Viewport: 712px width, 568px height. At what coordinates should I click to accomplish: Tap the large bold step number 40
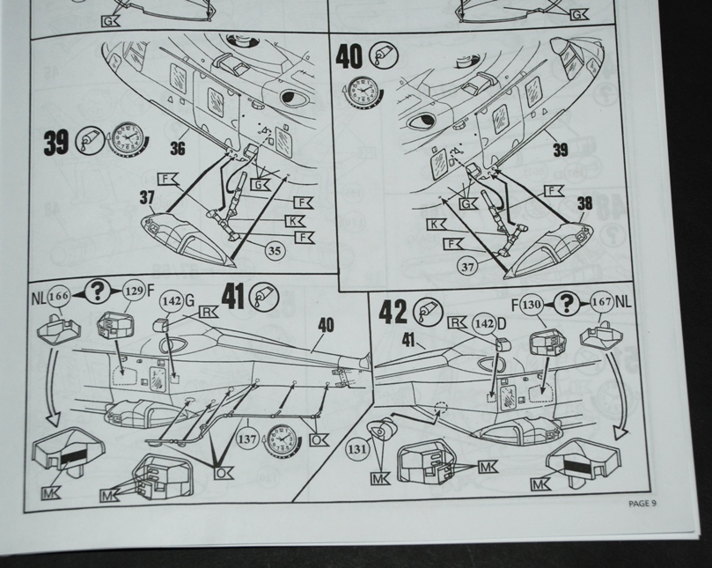pyautogui.click(x=349, y=57)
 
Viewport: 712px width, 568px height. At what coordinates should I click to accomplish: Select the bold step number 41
pyautogui.click(x=232, y=298)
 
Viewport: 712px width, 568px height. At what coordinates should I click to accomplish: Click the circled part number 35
pyautogui.click(x=275, y=250)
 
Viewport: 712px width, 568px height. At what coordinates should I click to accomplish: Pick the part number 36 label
pyautogui.click(x=179, y=150)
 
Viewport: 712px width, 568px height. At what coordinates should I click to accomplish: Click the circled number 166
pyautogui.click(x=60, y=296)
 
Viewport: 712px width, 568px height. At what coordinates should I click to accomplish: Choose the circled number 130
pyautogui.click(x=531, y=304)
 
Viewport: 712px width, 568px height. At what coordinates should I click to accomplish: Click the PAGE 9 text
pyautogui.click(x=642, y=503)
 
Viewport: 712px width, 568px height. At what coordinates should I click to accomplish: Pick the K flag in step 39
pyautogui.click(x=298, y=220)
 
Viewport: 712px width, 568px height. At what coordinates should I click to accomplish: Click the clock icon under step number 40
pyautogui.click(x=358, y=91)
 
